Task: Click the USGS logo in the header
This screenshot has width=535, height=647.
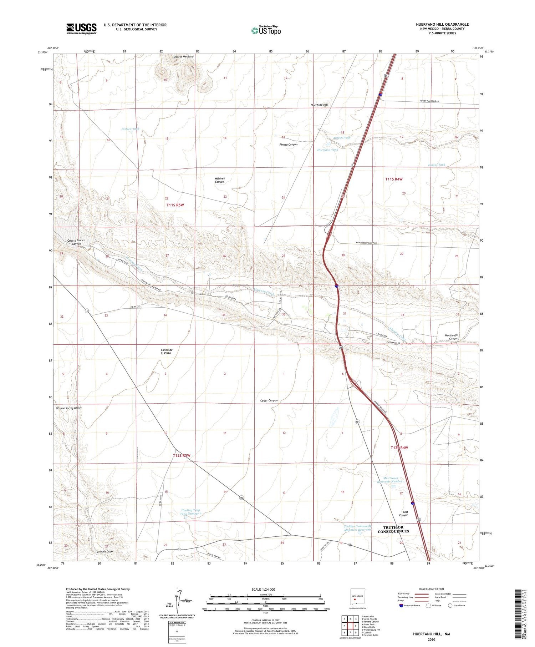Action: (81, 29)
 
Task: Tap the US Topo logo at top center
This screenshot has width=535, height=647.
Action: (266, 31)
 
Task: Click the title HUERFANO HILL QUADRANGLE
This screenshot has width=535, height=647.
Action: (442, 24)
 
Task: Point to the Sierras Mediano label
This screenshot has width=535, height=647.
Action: (183, 57)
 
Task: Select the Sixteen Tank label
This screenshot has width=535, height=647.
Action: (130, 129)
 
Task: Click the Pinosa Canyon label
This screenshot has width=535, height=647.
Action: (288, 145)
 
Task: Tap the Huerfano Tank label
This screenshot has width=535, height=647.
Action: (327, 150)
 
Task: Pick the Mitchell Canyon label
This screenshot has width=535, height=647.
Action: (220, 180)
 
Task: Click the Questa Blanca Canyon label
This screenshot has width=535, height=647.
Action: (76, 242)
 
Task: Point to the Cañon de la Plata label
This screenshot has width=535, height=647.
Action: (166, 351)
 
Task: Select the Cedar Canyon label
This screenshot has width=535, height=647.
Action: (269, 400)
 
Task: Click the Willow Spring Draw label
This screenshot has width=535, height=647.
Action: (68, 408)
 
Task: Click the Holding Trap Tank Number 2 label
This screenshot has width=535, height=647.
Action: (190, 512)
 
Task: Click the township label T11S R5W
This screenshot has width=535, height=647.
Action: (175, 205)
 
